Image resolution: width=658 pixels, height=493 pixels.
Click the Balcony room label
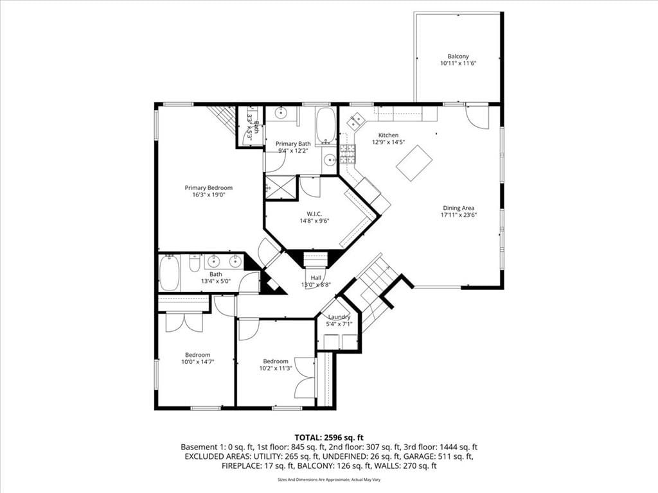[458, 56]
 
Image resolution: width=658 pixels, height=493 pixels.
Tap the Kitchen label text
[388, 135]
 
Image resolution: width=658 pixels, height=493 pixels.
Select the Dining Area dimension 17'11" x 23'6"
[459, 215]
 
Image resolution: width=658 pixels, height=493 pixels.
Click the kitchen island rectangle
[414, 163]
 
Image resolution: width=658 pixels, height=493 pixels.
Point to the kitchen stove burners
[348, 153]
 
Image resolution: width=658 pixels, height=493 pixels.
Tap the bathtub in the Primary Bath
[326, 125]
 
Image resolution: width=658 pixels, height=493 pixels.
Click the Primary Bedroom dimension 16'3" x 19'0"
[209, 195]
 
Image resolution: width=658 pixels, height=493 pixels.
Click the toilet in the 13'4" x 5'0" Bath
[194, 263]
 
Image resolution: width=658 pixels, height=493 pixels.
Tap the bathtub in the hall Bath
[170, 273]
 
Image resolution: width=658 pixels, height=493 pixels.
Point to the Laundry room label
[339, 317]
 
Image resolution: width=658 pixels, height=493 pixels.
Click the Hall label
[316, 277]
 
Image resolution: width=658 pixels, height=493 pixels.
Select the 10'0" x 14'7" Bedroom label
[198, 354]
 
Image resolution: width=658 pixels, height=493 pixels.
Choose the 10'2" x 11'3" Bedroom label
[276, 361]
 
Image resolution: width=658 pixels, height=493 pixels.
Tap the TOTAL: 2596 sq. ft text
[329, 438]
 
